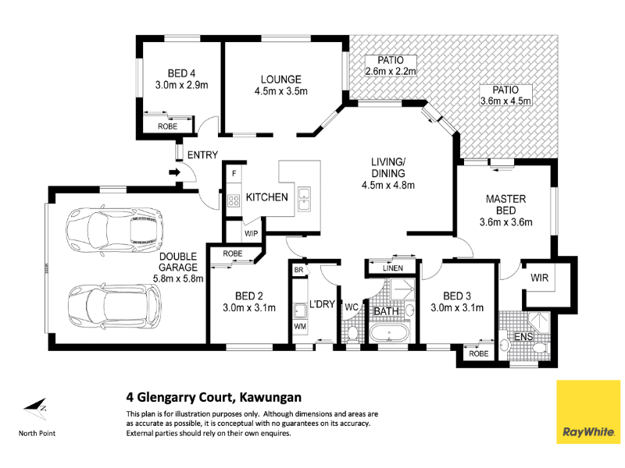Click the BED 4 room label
181,73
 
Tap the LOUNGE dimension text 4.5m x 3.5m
281,91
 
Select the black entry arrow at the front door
174,172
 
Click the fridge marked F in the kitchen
234,173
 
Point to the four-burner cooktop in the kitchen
234,200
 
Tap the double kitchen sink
304,199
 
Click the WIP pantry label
251,233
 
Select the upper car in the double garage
114,229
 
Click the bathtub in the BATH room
389,333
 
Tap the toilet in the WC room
352,334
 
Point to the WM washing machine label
300,326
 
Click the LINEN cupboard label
393,268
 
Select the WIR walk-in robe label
539,278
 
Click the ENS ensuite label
523,337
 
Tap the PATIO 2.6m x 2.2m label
391,66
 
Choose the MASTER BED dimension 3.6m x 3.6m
505,222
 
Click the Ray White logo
588,412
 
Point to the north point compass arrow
35,409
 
